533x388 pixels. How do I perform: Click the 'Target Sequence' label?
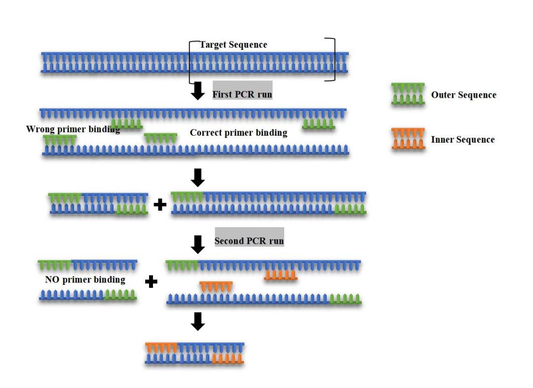pos(233,45)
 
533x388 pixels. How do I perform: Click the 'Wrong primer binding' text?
pos(73,130)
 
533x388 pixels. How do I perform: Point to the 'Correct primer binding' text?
pos(238,133)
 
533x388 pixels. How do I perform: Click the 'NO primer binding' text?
pos(85,280)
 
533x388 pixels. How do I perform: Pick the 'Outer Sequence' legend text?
pos(463,95)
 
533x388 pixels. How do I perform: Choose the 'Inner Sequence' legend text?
pos(462,140)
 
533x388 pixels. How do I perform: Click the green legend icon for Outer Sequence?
pos(408,94)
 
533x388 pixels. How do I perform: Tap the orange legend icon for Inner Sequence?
pos(408,139)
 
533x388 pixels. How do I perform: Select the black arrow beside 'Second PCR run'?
pos(198,243)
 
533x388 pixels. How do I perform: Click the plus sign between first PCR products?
pos(160,204)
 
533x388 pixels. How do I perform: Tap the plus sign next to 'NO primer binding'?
pos(152,281)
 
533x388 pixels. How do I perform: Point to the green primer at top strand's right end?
pos(318,123)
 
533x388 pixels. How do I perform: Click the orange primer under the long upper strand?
pos(280,275)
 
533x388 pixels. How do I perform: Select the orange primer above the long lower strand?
pos(216,286)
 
